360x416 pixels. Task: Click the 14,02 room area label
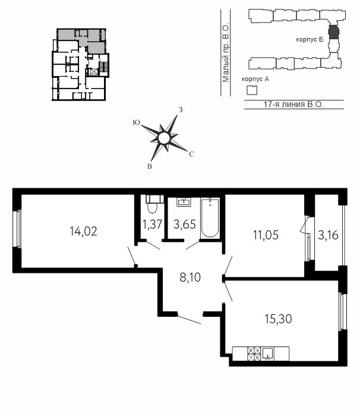click(83, 231)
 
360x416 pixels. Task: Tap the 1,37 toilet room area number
click(152, 225)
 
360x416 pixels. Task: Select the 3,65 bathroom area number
click(185, 225)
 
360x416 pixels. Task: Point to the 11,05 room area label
click(266, 235)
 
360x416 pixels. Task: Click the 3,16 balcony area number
click(328, 235)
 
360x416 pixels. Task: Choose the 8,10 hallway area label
click(190, 278)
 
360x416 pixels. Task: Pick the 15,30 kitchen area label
click(278, 319)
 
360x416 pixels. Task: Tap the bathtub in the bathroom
click(210, 218)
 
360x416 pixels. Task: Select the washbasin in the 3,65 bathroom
click(184, 202)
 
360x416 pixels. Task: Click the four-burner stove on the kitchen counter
click(254, 354)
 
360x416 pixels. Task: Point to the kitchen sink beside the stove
click(268, 354)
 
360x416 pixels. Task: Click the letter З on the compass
click(181, 110)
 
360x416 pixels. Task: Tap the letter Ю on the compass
click(136, 122)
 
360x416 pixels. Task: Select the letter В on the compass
click(150, 166)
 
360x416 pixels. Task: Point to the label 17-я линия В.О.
click(293, 105)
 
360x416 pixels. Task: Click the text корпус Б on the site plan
click(310, 40)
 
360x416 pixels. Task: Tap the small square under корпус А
click(252, 90)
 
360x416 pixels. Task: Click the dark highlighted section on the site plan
click(334, 31)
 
